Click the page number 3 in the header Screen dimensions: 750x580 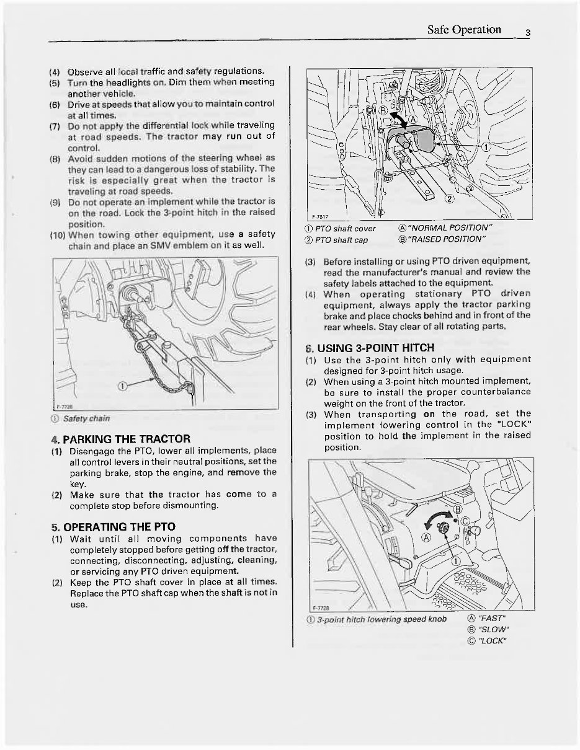point(526,33)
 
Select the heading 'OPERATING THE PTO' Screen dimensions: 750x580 point(113,527)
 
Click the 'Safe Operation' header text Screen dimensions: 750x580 point(464,30)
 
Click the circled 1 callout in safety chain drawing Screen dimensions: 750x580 point(122,386)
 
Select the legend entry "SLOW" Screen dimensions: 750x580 point(487,629)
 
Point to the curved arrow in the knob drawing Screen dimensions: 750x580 point(434,518)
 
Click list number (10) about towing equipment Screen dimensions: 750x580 point(57,235)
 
